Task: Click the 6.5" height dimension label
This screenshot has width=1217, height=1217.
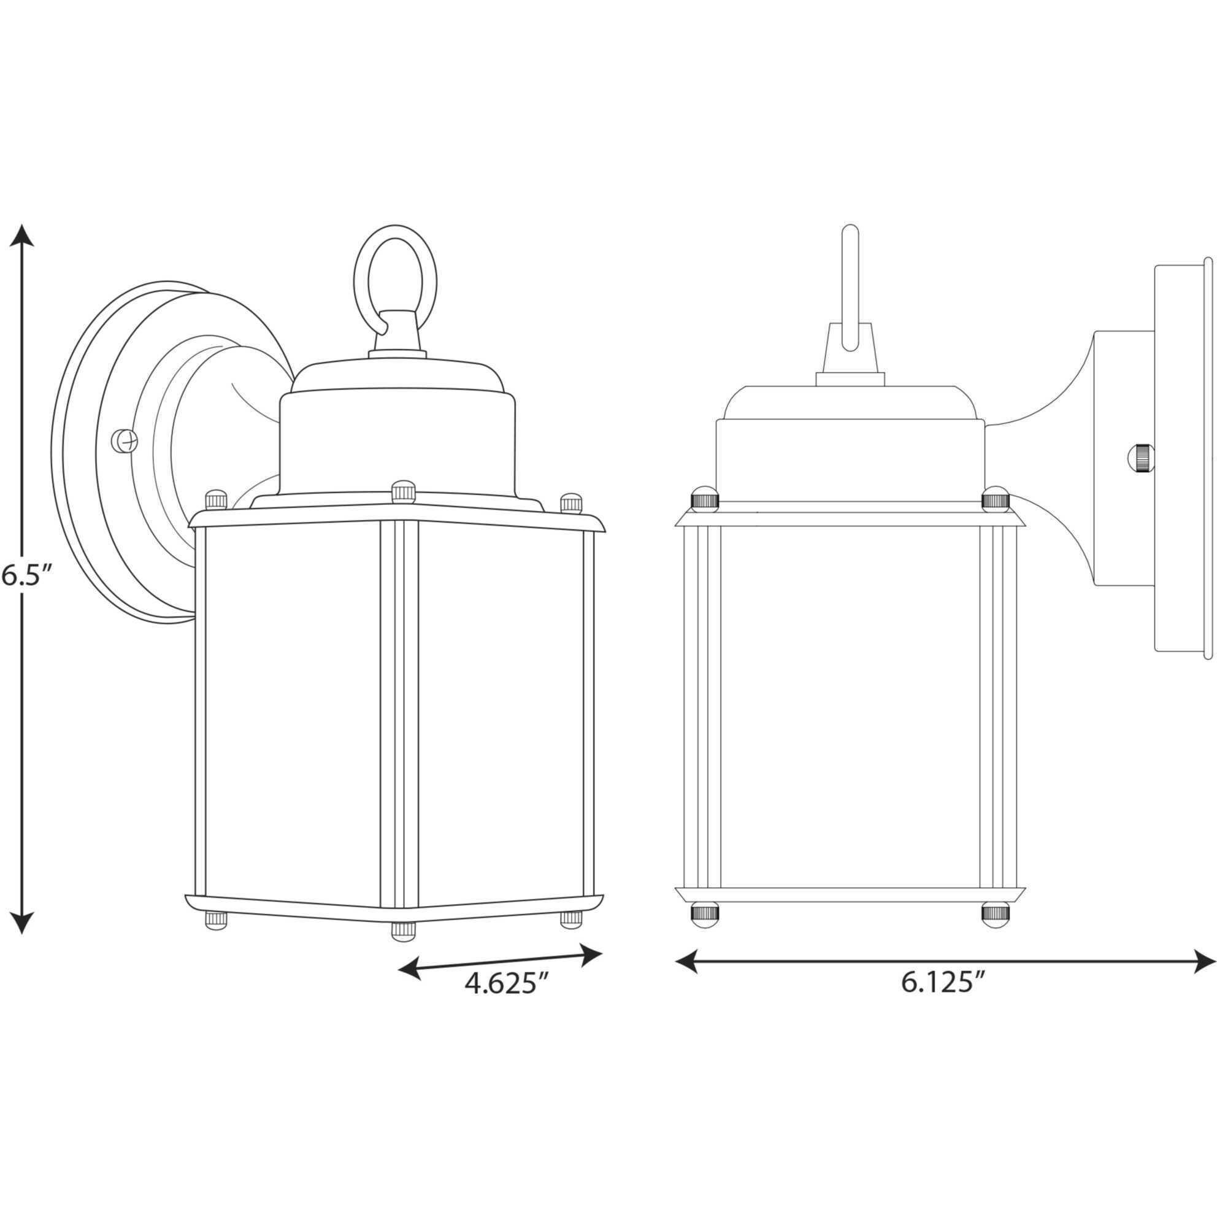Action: (x=25, y=576)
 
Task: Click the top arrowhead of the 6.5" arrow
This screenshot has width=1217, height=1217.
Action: (x=23, y=236)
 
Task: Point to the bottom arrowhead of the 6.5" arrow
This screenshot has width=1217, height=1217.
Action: (x=23, y=922)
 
